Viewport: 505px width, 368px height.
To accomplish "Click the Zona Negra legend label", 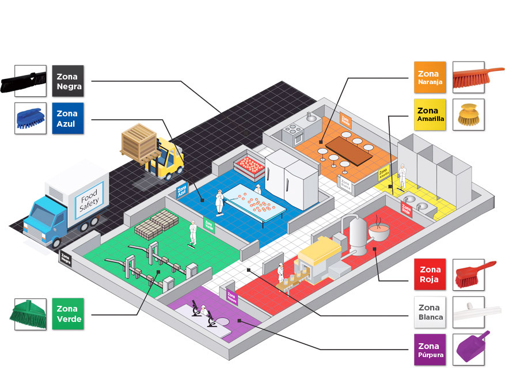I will point(69,81).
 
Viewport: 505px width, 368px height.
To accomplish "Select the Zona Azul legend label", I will point(69,119).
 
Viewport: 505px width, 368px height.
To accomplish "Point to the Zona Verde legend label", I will point(69,314).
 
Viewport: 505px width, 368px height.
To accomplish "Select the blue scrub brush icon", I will point(30,119).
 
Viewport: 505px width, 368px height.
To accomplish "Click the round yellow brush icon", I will point(468,115).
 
